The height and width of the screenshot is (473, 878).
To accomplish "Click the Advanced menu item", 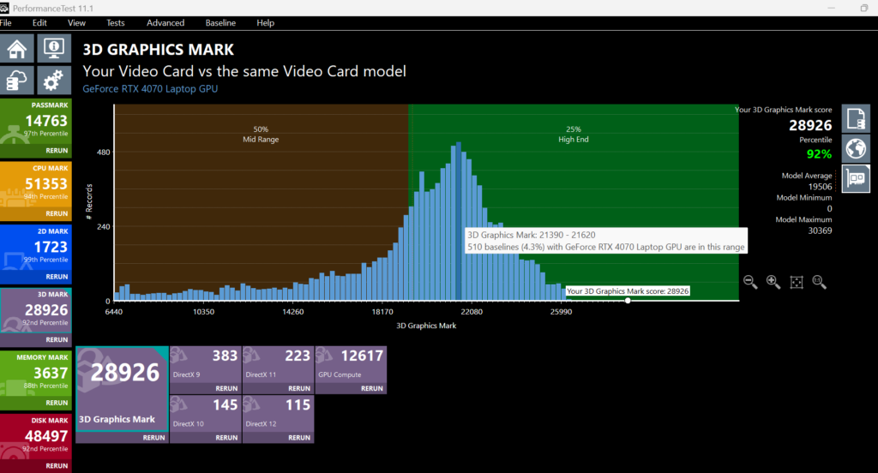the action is pos(165,23).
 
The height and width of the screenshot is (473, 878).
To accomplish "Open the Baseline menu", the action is pos(220,23).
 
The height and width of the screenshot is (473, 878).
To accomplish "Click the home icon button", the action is pos(17,49).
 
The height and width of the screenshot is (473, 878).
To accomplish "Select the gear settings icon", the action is pos(54,81).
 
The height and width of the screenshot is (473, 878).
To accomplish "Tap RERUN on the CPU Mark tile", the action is pos(57,213).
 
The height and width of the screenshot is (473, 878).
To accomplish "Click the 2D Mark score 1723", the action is pos(51,247).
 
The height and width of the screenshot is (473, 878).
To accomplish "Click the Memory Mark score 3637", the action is pos(51,373).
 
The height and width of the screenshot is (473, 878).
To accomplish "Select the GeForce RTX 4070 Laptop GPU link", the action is pos(150,88).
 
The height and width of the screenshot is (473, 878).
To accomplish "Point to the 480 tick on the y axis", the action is pos(104,152).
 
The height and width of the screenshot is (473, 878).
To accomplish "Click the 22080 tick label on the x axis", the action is pos(472,312).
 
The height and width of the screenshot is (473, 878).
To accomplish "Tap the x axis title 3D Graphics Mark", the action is pos(426,326).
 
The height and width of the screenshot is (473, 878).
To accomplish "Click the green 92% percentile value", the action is pos(819,154).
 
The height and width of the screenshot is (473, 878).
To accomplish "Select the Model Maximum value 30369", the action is pos(820,231).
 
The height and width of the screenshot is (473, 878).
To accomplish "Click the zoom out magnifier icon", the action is pos(750,282).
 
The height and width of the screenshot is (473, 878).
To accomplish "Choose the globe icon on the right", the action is pos(856,149).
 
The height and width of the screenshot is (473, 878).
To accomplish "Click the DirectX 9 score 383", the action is pos(226,356).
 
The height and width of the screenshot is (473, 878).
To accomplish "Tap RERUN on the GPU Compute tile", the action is pos(372,388).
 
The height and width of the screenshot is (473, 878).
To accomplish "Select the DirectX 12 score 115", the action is pos(298,404).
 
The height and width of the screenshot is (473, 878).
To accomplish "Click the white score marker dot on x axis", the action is pos(628,301).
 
